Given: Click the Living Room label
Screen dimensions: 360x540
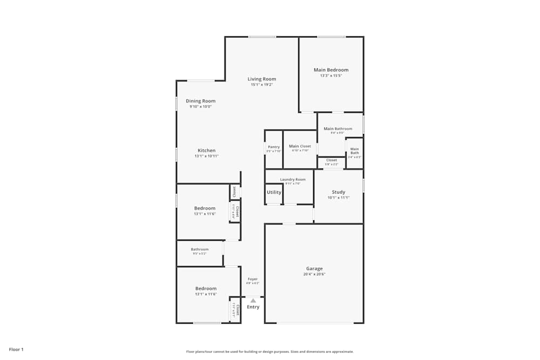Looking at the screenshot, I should [x=262, y=79].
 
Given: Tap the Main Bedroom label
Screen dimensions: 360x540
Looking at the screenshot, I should [x=331, y=70].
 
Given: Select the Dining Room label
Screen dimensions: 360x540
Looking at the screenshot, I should [x=200, y=101].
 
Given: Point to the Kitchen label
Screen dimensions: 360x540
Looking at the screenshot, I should [x=206, y=151].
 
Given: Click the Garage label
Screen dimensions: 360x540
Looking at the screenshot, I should [x=314, y=268].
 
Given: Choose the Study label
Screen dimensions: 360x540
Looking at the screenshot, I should [x=339, y=192].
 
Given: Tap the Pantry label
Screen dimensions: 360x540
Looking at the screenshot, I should [x=274, y=147].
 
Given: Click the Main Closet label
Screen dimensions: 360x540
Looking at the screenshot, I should [x=300, y=146].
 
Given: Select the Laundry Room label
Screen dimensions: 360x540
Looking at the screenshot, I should [x=293, y=179].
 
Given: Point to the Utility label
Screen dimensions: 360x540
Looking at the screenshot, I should [x=274, y=192].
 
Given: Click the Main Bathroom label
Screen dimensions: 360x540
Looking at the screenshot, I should [x=338, y=128].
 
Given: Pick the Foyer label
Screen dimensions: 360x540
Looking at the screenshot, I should [x=253, y=279].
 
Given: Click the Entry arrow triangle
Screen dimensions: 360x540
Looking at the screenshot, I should [x=253, y=300].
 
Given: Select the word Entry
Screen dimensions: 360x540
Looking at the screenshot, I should [x=253, y=307].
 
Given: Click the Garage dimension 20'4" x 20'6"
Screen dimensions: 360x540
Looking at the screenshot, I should [x=314, y=274].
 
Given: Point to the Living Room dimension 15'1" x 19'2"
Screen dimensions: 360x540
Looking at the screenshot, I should [x=262, y=85].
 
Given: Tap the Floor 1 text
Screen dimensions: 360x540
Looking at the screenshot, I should [x=16, y=350].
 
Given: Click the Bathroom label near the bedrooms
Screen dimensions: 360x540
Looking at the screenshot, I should [x=199, y=249].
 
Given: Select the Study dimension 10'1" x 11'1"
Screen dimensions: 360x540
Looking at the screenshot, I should [x=339, y=198].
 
